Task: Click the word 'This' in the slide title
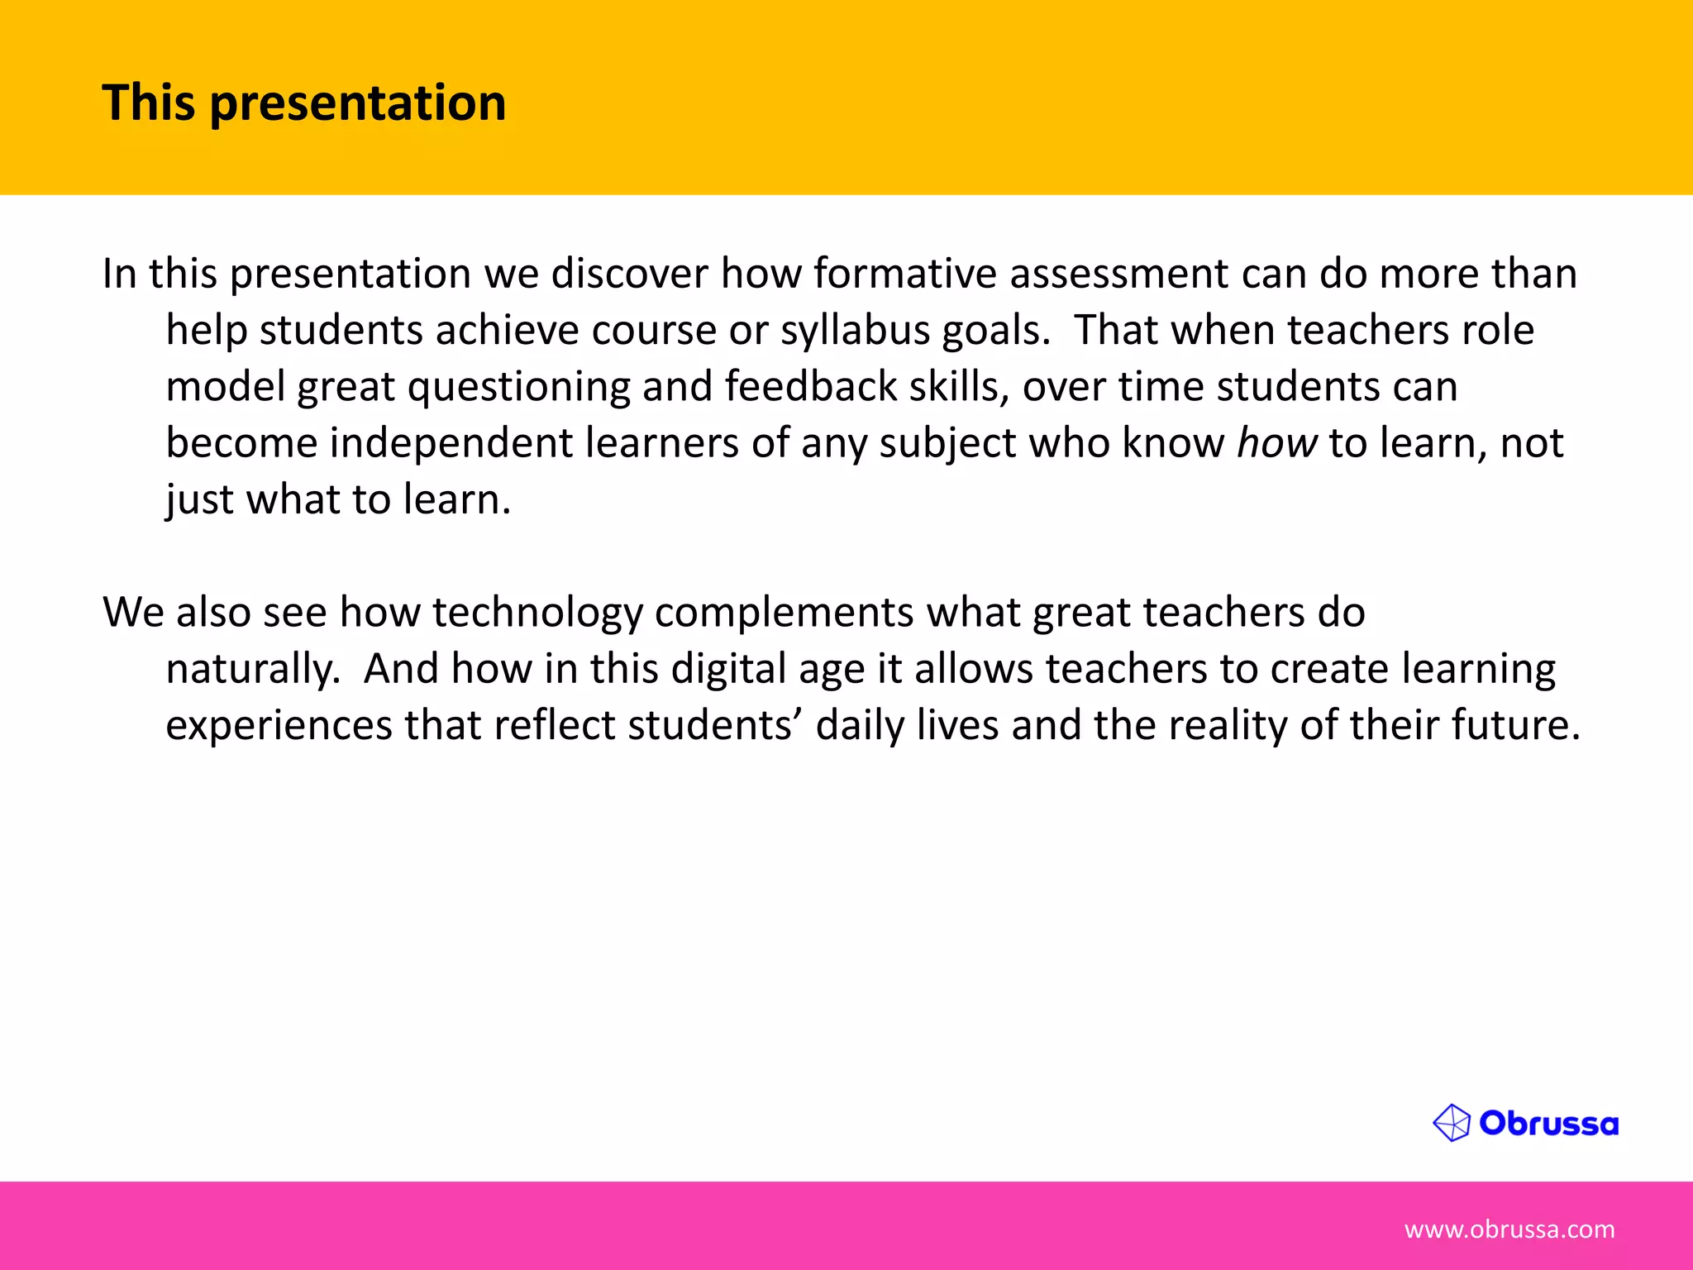(x=149, y=103)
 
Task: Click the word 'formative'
(x=904, y=274)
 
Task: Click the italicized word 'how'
(x=1276, y=443)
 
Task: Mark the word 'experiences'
(x=279, y=726)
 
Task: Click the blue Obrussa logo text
(x=1548, y=1124)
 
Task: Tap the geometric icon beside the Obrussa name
(x=1452, y=1124)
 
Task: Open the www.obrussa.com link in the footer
(x=1509, y=1229)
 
